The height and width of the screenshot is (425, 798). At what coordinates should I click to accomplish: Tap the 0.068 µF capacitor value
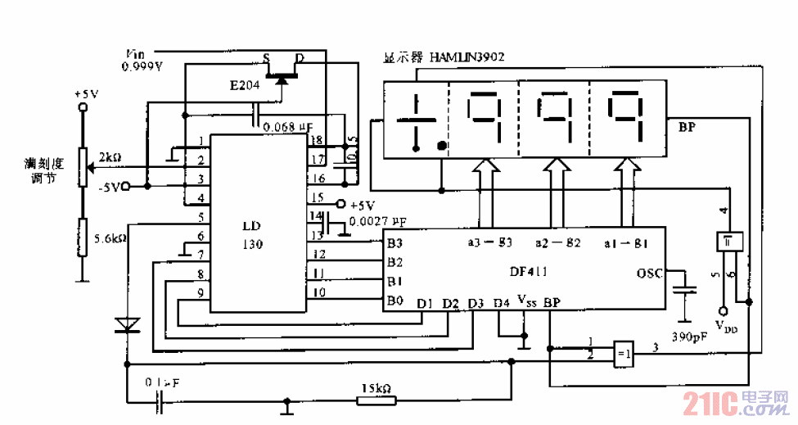tap(287, 127)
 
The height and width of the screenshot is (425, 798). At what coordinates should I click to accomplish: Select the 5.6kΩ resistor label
tap(109, 238)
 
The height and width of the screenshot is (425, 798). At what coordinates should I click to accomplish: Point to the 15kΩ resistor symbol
tap(376, 400)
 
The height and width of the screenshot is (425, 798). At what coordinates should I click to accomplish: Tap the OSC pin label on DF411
tap(651, 273)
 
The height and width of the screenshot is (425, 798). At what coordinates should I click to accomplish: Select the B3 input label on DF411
tap(395, 242)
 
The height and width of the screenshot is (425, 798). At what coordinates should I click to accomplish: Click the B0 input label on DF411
tap(395, 301)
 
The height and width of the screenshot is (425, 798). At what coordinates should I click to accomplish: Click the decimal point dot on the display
tap(442, 147)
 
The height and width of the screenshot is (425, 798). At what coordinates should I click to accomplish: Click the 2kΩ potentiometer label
tap(110, 156)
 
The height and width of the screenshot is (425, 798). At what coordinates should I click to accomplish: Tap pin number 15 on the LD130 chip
tap(317, 197)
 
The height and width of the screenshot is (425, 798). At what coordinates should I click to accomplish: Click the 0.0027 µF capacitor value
tap(377, 221)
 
